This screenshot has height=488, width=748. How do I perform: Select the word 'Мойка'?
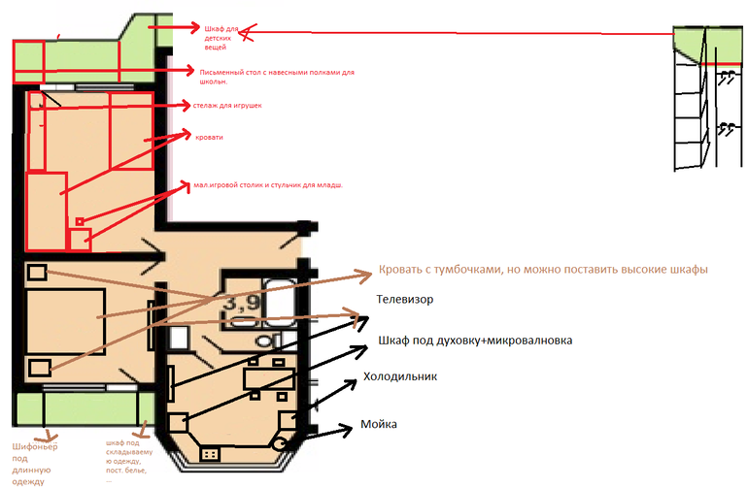379,425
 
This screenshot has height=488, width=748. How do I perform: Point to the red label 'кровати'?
209,138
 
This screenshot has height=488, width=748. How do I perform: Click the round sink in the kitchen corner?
282,442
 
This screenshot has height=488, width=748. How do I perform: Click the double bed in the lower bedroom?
63,321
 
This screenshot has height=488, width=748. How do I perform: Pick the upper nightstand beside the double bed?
37,274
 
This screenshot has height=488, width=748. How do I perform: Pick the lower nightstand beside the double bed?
39,368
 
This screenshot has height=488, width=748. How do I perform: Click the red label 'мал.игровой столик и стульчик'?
268,184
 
